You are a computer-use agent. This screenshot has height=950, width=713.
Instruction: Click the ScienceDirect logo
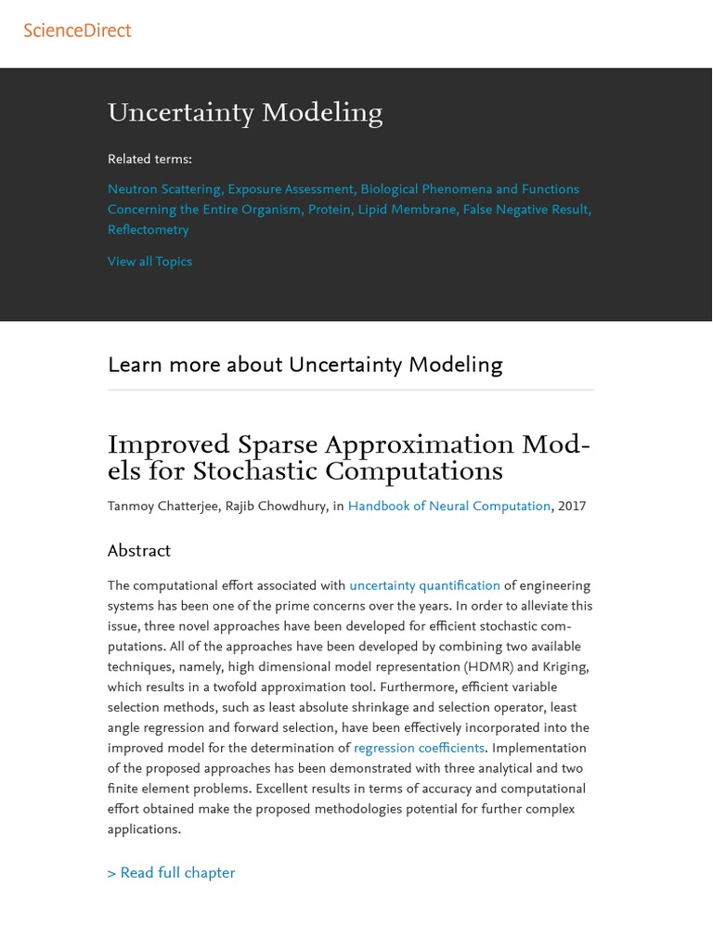click(77, 31)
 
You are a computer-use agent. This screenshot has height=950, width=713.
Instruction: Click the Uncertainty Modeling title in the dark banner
click(245, 113)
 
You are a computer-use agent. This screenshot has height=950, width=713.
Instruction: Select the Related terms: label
click(149, 160)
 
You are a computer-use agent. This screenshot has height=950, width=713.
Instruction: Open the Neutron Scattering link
click(164, 189)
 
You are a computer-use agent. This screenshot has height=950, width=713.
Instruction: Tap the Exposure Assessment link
click(291, 189)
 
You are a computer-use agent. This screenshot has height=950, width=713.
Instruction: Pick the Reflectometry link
click(148, 230)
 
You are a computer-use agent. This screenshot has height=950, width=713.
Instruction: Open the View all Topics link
click(149, 262)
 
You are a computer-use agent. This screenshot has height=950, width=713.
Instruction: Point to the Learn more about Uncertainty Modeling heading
click(305, 366)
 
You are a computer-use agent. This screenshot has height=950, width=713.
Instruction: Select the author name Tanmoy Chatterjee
click(162, 507)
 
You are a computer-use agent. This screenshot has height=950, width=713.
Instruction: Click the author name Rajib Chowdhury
click(276, 507)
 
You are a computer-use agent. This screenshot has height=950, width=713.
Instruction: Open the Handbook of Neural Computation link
click(448, 507)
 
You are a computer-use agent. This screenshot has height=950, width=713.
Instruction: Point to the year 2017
click(572, 507)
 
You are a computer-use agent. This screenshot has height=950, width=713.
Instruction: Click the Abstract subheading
click(139, 551)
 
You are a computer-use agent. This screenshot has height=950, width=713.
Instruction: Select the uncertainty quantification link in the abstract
click(424, 586)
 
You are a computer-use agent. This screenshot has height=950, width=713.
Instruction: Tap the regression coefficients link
click(419, 749)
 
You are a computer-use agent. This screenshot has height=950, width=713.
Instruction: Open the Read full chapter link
click(171, 873)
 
